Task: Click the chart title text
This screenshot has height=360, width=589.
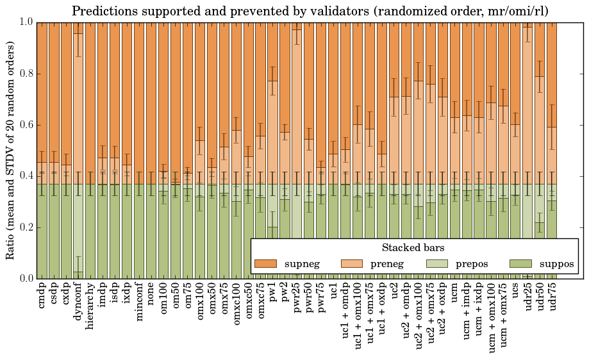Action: coord(310,12)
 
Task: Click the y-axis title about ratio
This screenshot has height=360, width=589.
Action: coord(11,151)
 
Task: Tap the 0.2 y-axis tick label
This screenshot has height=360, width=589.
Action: coord(24,227)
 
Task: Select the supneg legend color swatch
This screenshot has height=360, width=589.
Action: coord(265,264)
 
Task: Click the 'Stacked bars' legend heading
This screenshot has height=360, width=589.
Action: coord(413,247)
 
